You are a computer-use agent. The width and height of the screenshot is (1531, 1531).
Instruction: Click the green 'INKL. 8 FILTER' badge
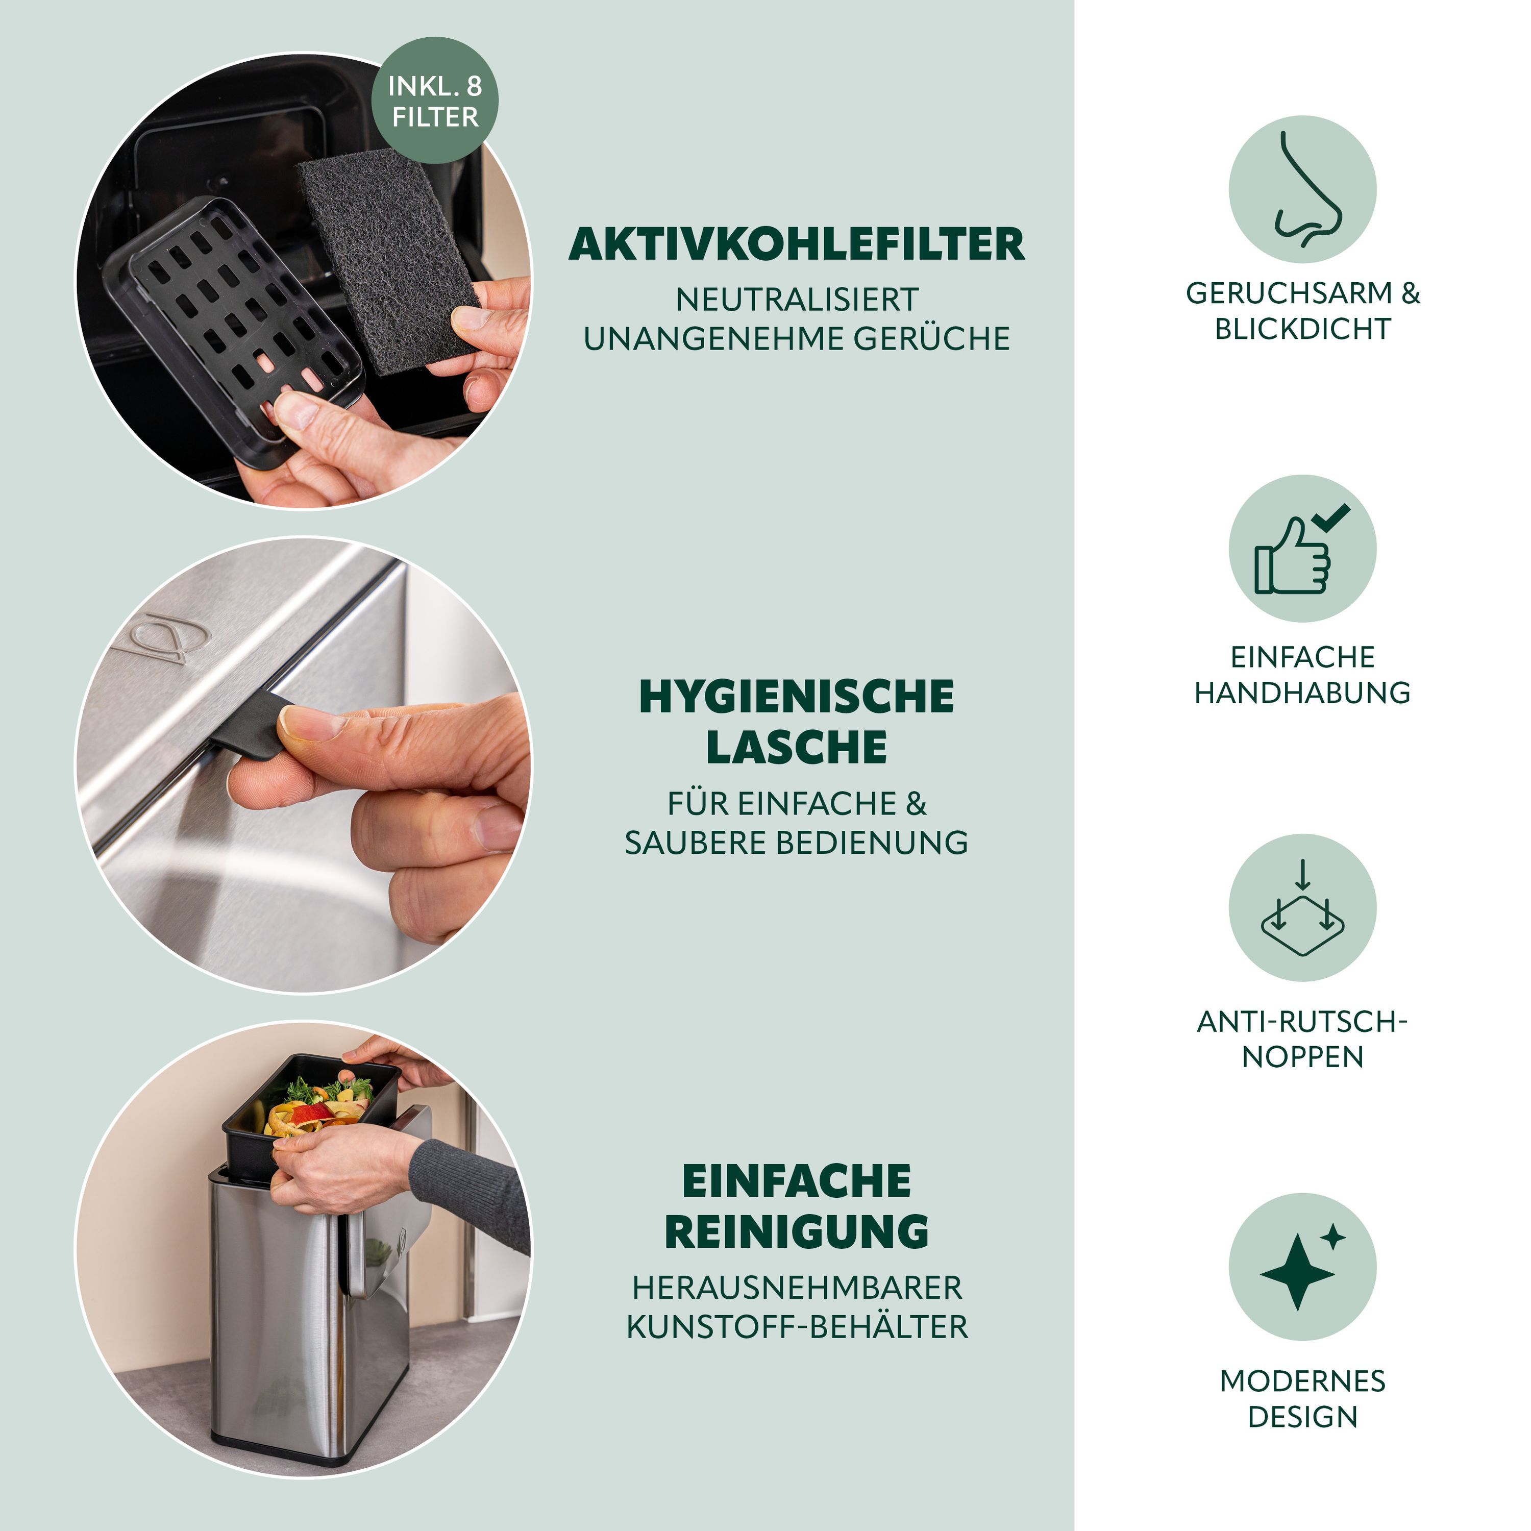point(435,101)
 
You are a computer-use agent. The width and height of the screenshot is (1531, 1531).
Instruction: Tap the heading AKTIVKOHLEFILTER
point(797,244)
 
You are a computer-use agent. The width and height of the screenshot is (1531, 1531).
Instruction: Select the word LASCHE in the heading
point(797,747)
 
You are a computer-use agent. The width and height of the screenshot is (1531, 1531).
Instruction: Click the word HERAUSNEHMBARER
point(797,1288)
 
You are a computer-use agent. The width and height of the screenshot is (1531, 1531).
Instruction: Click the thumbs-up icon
point(1301,549)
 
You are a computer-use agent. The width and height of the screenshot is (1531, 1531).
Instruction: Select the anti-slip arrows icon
point(1302,908)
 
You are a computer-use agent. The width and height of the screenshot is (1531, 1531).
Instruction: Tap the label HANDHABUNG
point(1302,693)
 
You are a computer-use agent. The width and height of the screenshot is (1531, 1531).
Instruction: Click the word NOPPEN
point(1302,1057)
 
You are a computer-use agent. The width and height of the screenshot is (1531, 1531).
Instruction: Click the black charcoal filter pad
point(388,261)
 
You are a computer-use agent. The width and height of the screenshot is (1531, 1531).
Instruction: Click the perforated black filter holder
point(234,333)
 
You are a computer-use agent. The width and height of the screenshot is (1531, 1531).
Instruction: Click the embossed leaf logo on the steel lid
point(162,637)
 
